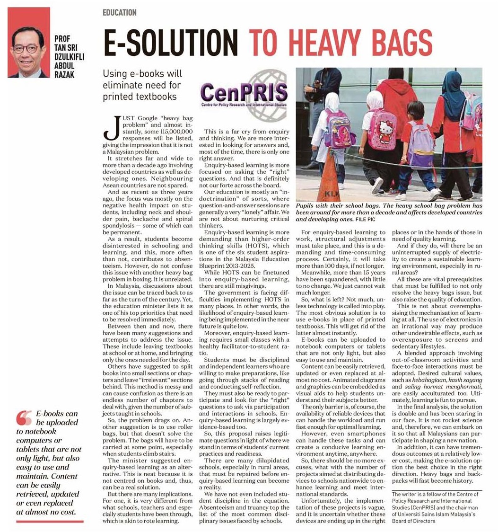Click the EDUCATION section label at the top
coord(119,13)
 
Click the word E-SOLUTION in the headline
coord(171,43)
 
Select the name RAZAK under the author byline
coord(65,75)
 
